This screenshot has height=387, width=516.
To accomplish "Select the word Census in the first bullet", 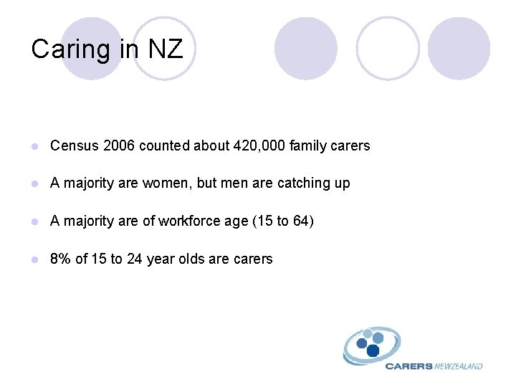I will click(x=75, y=146).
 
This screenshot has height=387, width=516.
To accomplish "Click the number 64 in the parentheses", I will click(x=301, y=221).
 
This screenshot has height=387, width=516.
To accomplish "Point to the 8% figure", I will click(x=60, y=259).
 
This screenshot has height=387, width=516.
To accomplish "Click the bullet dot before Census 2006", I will click(x=36, y=146).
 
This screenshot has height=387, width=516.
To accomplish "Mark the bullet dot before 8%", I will click(x=36, y=259).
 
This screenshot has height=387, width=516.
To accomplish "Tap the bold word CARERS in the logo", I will click(x=408, y=366).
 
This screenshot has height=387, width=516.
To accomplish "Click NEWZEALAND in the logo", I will click(x=459, y=366).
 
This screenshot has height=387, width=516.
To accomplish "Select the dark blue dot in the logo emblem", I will click(x=373, y=350).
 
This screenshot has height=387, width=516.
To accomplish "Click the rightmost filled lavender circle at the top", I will click(x=459, y=49).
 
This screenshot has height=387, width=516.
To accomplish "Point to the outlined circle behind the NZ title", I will click(x=165, y=49).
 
